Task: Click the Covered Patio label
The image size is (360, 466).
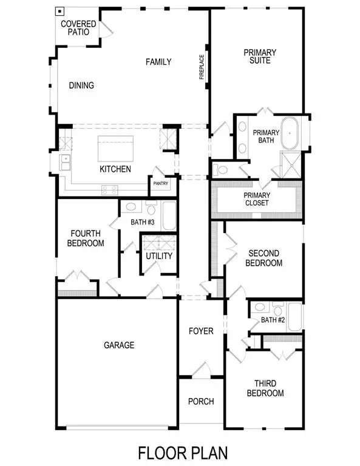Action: (78, 27)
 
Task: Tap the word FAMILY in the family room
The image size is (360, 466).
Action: (158, 62)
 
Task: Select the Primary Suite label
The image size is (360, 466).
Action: (260, 56)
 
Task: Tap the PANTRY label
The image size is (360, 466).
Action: (161, 184)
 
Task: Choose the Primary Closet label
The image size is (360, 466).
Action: (256, 200)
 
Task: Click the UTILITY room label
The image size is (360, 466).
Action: (159, 256)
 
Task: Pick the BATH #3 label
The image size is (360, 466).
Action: (143, 222)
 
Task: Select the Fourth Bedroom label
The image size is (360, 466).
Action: (87, 238)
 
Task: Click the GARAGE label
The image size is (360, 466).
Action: (118, 345)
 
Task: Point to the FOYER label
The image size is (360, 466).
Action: (201, 331)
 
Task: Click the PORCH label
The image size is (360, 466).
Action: (200, 401)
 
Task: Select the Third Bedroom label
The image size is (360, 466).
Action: (265, 388)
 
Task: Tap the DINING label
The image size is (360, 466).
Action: (81, 86)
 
